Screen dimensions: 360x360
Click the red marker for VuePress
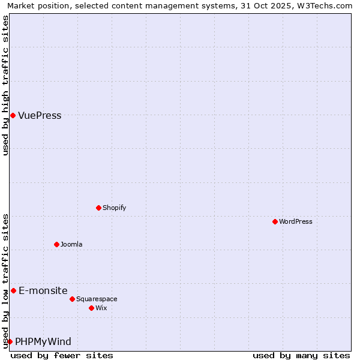tap(13, 115)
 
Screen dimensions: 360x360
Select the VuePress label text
tap(40, 116)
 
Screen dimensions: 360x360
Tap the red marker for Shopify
tap(98, 208)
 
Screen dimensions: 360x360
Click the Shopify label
tap(114, 208)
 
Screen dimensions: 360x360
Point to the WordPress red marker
tap(275, 221)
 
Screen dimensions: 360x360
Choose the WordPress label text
tap(295, 221)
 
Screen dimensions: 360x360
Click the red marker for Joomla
tap(56, 244)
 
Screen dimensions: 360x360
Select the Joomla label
tap(71, 244)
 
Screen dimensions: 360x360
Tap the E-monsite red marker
tap(13, 290)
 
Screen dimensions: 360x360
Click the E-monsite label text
tap(43, 291)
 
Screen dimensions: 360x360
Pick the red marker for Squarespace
tap(72, 299)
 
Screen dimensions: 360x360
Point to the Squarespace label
tap(97, 299)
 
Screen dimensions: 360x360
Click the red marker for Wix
tap(91, 308)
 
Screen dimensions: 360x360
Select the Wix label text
tap(101, 308)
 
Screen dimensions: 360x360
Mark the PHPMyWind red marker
tap(10, 341)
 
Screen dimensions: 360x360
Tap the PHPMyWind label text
tap(43, 342)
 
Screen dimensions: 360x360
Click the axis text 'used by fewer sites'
tap(62, 355)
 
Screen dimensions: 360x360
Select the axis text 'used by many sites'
tap(301, 355)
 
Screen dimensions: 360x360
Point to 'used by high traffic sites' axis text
tap(5, 85)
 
